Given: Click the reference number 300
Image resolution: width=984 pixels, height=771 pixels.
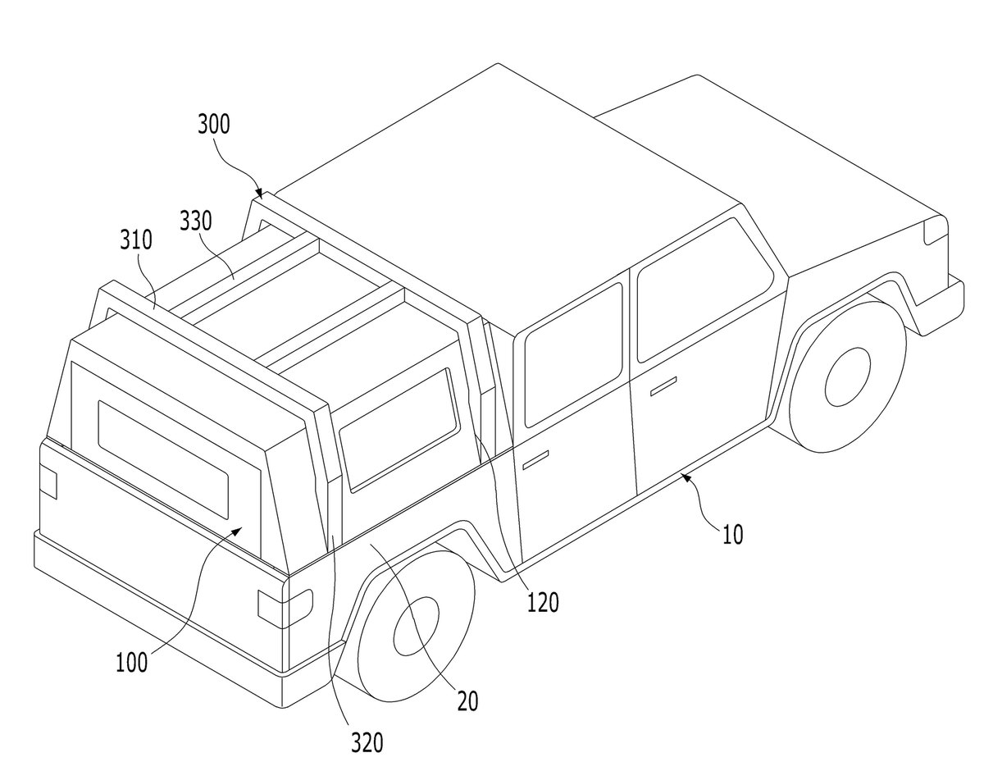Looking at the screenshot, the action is [214, 124].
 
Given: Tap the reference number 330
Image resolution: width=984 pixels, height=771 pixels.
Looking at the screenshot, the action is [196, 221].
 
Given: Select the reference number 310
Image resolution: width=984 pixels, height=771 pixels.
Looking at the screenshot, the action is [136, 240].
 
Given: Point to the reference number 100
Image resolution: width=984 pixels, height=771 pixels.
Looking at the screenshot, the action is [132, 663].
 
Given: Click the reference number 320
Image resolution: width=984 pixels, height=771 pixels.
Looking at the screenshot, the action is [367, 742].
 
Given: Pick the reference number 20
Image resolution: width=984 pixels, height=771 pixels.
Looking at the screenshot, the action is [467, 701].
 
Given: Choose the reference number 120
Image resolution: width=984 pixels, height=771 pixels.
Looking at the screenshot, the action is [543, 603].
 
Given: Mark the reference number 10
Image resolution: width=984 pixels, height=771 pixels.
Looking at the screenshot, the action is [732, 535].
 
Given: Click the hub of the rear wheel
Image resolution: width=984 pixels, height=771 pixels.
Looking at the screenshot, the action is [417, 626].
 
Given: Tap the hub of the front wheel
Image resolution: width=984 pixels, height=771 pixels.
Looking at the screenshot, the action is [848, 377].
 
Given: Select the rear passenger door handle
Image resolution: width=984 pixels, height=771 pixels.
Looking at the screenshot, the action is [535, 459].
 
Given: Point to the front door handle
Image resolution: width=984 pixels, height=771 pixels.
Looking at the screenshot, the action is [663, 386].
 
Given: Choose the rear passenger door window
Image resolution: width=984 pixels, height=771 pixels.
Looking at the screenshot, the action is [573, 355].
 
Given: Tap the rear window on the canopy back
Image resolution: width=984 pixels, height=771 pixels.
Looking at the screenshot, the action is [163, 459].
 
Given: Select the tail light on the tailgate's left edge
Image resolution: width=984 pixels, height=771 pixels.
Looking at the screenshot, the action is [48, 483].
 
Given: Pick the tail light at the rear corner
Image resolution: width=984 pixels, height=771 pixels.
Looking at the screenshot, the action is [285, 605].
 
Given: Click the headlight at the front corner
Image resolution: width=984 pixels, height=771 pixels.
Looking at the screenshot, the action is [936, 230].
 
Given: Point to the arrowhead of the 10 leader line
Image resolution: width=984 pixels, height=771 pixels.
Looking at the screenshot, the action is [686, 476].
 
